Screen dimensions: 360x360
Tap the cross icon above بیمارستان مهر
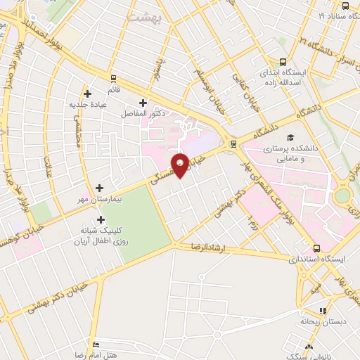click(99, 188)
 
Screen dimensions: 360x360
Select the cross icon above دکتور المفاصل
click(143, 103)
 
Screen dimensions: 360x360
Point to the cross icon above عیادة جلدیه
click(87, 94)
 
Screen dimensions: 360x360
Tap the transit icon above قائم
click(112, 78)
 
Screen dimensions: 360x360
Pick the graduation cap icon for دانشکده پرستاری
click(290, 138)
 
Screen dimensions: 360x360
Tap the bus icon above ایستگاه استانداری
click(316, 248)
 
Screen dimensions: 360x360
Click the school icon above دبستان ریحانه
click(322, 310)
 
